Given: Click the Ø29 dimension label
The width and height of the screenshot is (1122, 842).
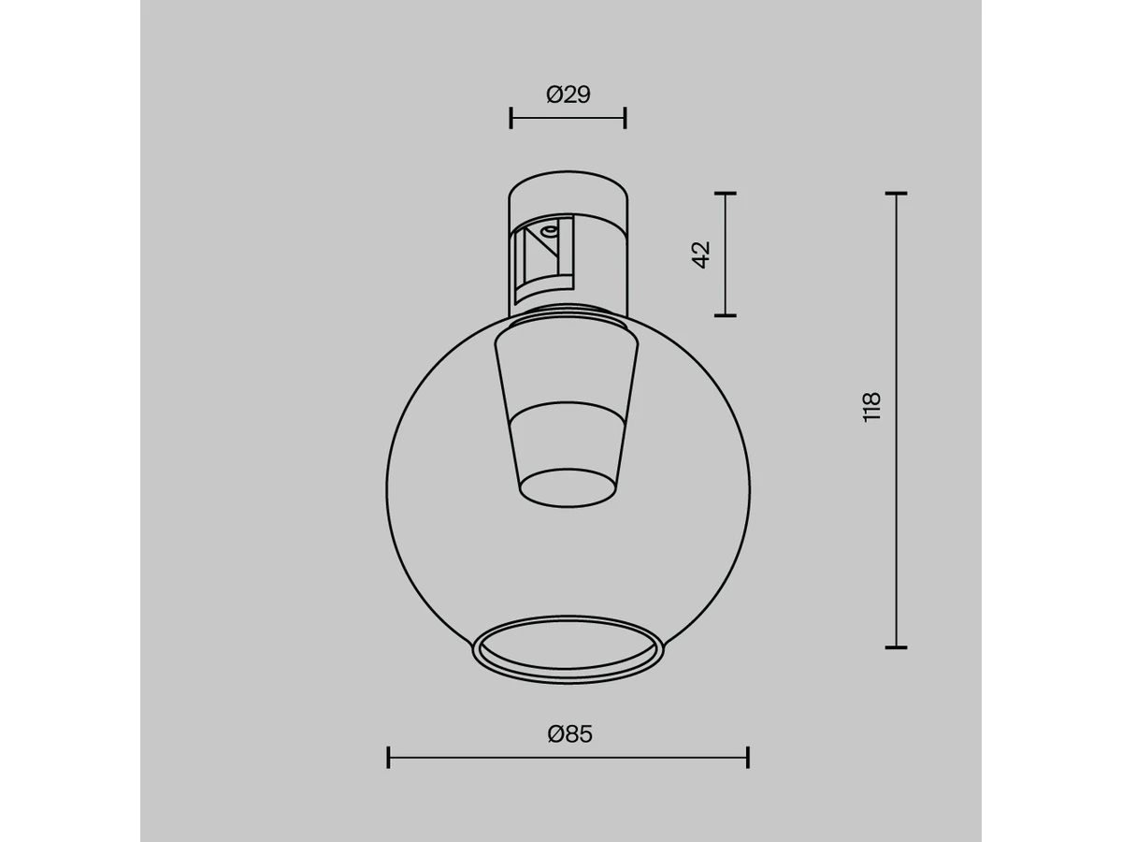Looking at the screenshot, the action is [568, 94].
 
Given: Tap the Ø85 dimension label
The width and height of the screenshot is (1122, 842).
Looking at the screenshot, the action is [569, 734].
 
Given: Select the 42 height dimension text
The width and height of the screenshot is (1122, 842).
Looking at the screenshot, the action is [701, 254].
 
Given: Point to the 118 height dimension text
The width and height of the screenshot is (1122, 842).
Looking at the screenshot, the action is [871, 407].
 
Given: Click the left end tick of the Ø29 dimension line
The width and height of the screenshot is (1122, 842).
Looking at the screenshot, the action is [511, 118].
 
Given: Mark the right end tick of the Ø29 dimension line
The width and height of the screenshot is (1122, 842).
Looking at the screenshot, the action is [626, 118].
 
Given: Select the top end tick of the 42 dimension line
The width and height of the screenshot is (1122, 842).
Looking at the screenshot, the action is [726, 194].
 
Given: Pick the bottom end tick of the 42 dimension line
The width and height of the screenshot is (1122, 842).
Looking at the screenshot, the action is [726, 316].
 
